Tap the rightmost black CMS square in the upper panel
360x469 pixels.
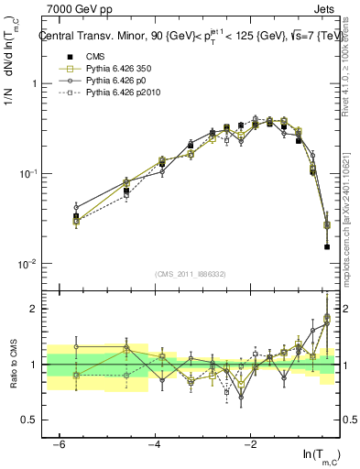click(327, 246)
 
